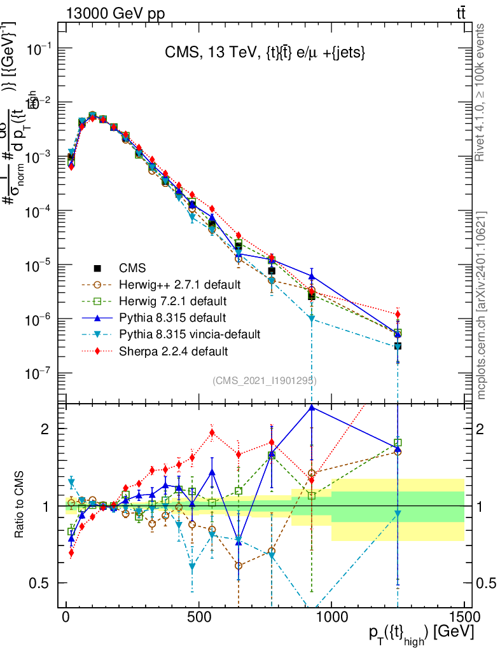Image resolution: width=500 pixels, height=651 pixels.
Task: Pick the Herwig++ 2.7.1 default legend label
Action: coord(179,284)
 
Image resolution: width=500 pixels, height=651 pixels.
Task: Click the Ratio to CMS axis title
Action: coord(20,505)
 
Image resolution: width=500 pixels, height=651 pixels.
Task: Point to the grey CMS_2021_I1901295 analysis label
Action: coord(265,381)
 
